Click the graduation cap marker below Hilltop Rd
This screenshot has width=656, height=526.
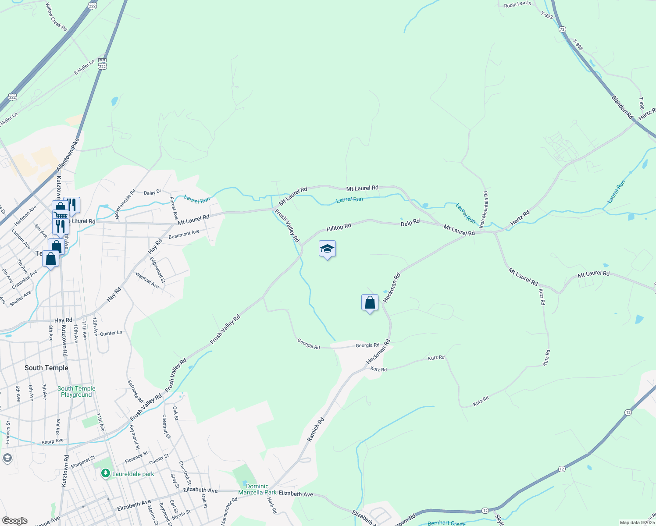coord(327,249)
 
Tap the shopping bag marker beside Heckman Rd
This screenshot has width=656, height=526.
coord(370,303)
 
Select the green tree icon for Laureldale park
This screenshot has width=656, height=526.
coord(105,473)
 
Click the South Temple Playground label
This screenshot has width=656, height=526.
coord(76,391)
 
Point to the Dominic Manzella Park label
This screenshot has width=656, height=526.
coord(257,489)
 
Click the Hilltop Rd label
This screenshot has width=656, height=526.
coord(339,227)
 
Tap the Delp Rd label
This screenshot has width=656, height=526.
coord(410,222)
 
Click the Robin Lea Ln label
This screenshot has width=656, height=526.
coord(517,4)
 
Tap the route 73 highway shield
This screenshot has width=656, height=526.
coord(562,29)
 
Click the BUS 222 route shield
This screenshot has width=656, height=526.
coord(102,64)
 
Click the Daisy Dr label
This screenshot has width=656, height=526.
coord(153,192)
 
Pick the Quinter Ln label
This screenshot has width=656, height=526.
coord(111,333)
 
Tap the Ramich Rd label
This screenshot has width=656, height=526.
coord(316,429)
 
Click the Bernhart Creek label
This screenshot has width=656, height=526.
coord(446,523)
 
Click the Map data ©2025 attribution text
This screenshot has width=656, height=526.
coord(637,522)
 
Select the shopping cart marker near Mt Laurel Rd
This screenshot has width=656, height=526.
coord(61,215)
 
